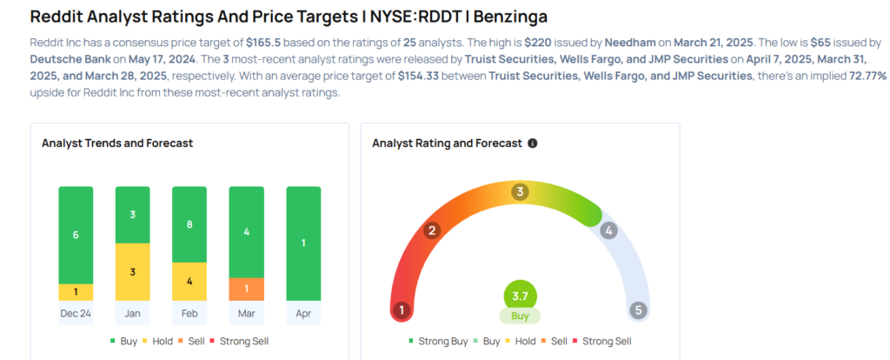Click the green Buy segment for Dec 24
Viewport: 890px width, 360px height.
(x=76, y=234)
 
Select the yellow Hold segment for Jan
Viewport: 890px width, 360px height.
(x=132, y=271)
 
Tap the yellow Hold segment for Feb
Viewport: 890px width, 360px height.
(x=189, y=281)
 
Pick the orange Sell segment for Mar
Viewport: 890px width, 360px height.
(x=246, y=289)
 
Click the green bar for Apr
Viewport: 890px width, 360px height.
(x=302, y=243)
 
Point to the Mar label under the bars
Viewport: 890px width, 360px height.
(x=246, y=313)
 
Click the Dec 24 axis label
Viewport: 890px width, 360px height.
(x=76, y=313)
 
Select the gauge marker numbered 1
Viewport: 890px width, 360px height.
(x=402, y=310)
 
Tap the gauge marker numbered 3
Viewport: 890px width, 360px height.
(x=520, y=192)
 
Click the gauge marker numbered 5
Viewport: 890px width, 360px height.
(x=639, y=310)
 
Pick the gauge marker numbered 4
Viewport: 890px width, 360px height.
(x=609, y=230)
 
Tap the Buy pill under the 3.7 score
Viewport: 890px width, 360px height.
(x=520, y=316)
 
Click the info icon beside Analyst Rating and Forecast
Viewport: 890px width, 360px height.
(x=533, y=143)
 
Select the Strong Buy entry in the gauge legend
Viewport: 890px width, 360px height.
(x=437, y=341)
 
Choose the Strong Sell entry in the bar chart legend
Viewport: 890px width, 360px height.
(x=243, y=341)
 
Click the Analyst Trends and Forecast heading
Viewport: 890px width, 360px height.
(x=117, y=143)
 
